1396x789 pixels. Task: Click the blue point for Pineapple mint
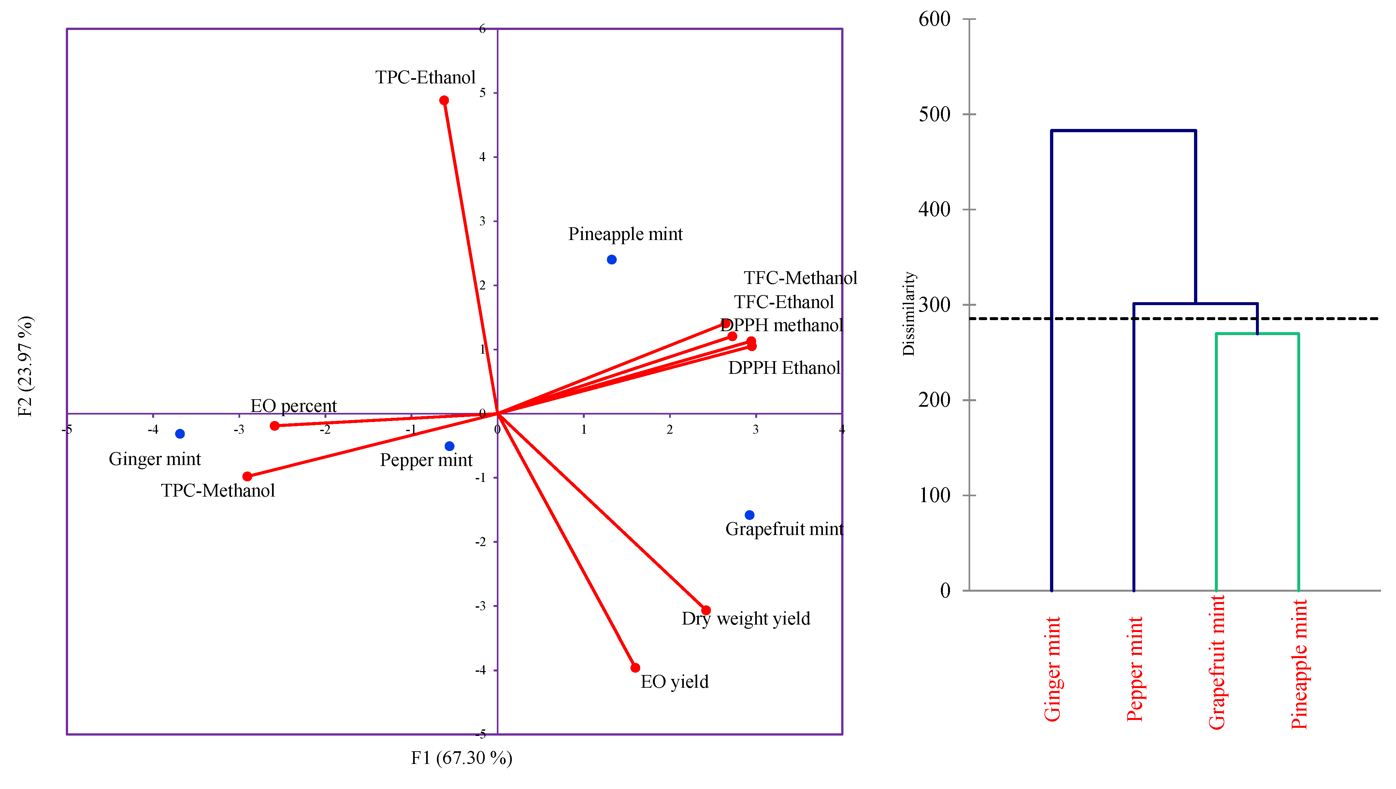(612, 260)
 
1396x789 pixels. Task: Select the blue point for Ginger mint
(180, 433)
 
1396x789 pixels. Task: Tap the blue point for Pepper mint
(450, 446)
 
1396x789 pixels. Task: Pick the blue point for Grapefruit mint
(749, 515)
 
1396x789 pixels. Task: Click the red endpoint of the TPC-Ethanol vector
(444, 100)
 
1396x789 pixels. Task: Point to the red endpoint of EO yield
(635, 668)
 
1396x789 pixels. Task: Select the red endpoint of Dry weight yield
(706, 610)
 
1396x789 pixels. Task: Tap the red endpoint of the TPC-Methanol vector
(247, 476)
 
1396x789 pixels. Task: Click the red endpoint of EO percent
(275, 426)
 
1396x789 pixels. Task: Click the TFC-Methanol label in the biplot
(800, 278)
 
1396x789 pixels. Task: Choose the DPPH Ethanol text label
(784, 368)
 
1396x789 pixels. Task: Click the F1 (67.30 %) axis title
(461, 757)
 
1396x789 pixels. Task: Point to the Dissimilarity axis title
(909, 314)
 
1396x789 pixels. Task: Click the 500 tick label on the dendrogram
(934, 114)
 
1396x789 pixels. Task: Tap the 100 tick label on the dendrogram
(934, 495)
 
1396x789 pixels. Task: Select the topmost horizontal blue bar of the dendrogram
(1123, 131)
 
